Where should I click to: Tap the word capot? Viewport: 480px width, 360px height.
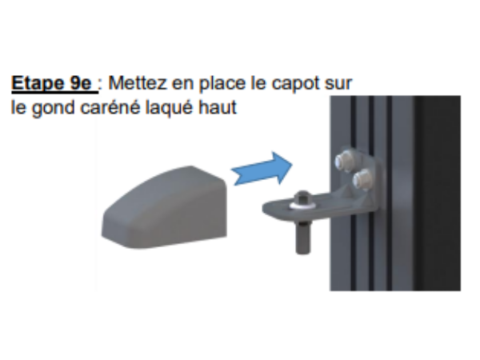(x=295, y=84)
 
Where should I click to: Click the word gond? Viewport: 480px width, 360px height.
(x=54, y=109)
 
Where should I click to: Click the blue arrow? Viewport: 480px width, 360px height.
(x=262, y=169)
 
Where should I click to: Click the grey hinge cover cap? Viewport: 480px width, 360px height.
(x=164, y=207)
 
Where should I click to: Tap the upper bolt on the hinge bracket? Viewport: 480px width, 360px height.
(x=344, y=158)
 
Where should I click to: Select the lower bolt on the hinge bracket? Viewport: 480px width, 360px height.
(x=362, y=178)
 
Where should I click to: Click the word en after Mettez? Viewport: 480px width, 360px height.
(x=182, y=85)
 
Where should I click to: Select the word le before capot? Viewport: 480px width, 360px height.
(x=258, y=83)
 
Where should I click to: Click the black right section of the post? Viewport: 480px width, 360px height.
(x=438, y=193)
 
